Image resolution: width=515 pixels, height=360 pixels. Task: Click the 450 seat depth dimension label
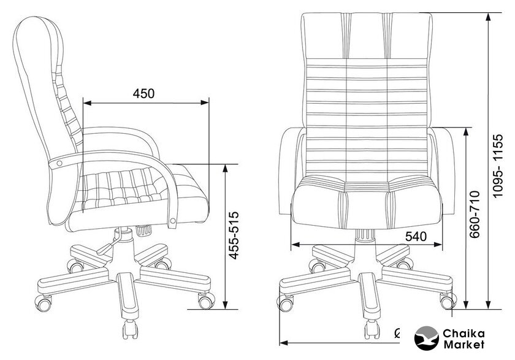tap(143, 94)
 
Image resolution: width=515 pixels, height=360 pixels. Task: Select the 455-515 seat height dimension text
tap(234, 236)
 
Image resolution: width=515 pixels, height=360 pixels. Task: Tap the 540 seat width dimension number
tap(416, 236)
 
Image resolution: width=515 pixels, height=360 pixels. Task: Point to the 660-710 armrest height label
tap(475, 214)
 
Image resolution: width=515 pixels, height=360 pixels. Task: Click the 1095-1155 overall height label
tap(498, 166)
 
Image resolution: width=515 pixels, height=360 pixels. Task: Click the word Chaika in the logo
tap(464, 334)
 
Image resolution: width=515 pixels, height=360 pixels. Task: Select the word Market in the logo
tap(464, 345)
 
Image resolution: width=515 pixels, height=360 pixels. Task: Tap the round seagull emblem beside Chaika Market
tap(426, 339)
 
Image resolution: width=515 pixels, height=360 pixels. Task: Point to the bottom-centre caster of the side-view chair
tap(130, 329)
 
